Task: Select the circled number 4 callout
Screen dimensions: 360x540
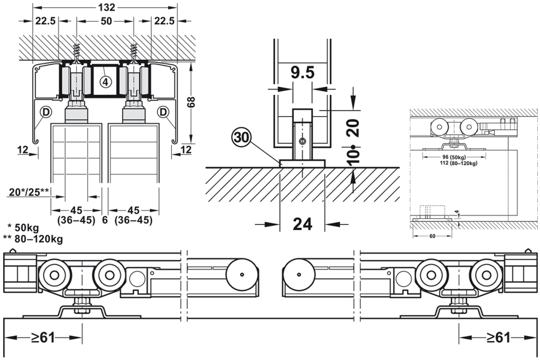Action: pyautogui.click(x=105, y=82)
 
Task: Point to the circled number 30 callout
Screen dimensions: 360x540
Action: pyautogui.click(x=241, y=137)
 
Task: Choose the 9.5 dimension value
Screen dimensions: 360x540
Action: pyautogui.click(x=302, y=72)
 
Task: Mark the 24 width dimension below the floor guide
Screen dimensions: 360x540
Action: pyautogui.click(x=302, y=223)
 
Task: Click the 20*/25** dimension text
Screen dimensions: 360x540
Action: pyautogui.click(x=30, y=191)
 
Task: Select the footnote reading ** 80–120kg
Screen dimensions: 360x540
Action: pyautogui.click(x=33, y=239)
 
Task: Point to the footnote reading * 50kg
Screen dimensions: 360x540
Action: pyautogui.click(x=24, y=227)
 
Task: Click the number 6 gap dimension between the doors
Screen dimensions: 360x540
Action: pyautogui.click(x=105, y=220)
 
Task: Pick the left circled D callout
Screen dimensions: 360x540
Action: pyautogui.click(x=44, y=112)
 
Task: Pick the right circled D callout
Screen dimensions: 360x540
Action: pyautogui.click(x=163, y=112)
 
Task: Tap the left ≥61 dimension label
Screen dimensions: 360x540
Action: pyautogui.click(x=43, y=337)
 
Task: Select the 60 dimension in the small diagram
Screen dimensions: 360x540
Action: pyautogui.click(x=431, y=236)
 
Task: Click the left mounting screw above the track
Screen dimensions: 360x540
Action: pyautogui.click(x=76, y=52)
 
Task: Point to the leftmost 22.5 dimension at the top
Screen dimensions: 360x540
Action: pyautogui.click(x=45, y=21)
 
